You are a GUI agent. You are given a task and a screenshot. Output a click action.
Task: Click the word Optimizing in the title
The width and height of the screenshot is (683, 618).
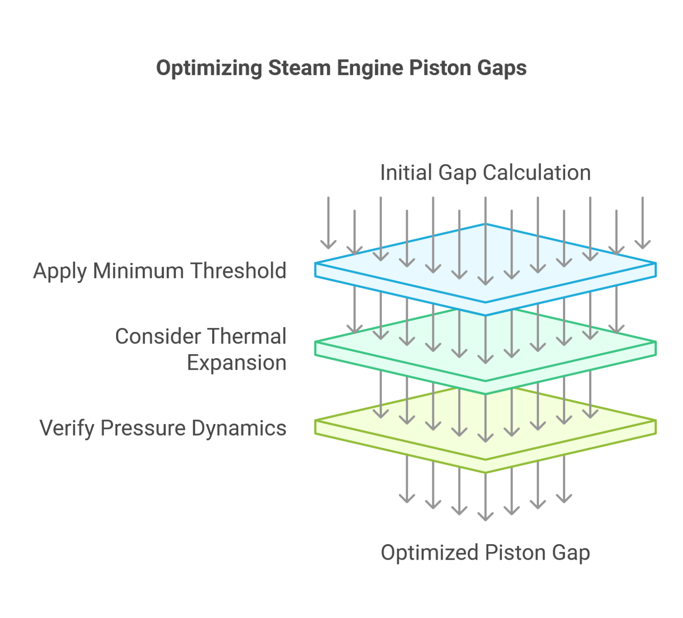coord(209,69)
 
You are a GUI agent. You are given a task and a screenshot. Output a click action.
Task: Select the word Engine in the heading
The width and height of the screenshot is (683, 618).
coord(370,68)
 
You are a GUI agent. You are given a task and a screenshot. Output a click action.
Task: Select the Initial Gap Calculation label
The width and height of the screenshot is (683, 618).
coord(485,173)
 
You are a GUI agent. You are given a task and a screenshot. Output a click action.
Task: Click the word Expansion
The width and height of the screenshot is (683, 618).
coord(237,363)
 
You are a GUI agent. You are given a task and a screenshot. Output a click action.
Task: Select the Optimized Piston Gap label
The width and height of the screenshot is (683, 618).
coord(485,553)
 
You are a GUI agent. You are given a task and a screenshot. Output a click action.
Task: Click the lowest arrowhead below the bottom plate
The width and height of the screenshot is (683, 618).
coord(485,516)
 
